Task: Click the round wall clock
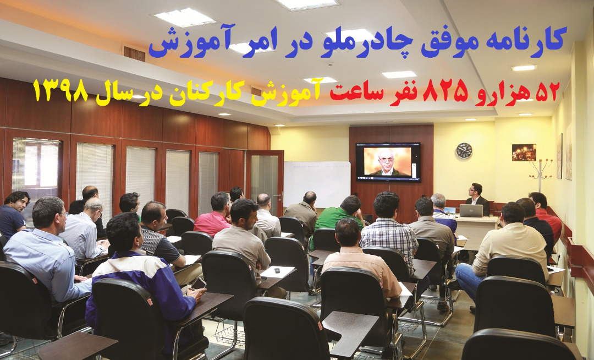pyautogui.click(x=464, y=150)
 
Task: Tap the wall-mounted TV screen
pyautogui.click(x=388, y=162)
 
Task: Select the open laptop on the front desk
pyautogui.click(x=471, y=211)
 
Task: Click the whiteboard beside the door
pyautogui.click(x=317, y=184)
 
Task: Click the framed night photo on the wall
pyautogui.click(x=524, y=152)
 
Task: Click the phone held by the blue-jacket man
pyautogui.click(x=198, y=283)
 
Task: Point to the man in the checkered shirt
pyautogui.click(x=389, y=231)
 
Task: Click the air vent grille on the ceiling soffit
pyautogui.click(x=134, y=53)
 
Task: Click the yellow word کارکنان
pyautogui.click(x=223, y=94)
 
